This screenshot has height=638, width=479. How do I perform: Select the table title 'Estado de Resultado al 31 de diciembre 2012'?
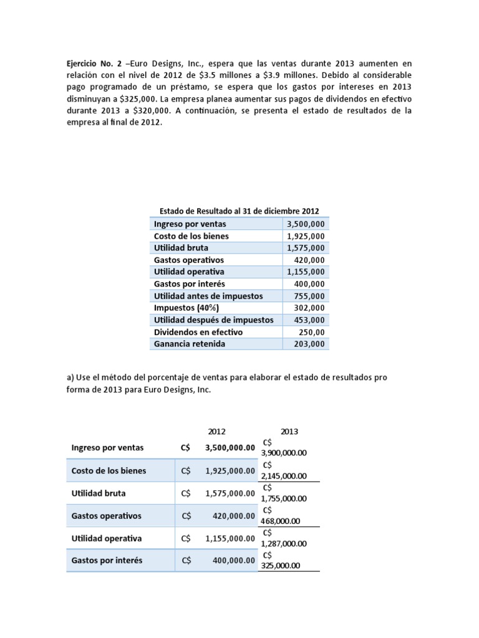coord(239,211)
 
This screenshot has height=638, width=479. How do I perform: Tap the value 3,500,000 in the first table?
coord(306,224)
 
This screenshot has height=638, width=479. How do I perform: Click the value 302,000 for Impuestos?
coord(309,308)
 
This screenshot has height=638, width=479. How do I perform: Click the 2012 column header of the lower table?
coord(217,431)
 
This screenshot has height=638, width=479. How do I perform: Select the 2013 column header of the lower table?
coord(289,431)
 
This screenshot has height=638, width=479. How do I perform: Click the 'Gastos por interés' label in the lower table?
coord(107,561)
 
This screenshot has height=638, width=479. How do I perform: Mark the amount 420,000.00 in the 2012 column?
coord(230,516)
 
